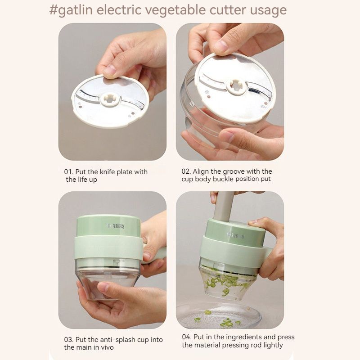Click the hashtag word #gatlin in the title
71,10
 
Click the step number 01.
68,172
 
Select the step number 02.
186,171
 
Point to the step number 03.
68,340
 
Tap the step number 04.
186,337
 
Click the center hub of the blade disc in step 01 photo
110,99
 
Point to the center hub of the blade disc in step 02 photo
236,86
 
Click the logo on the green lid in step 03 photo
115,226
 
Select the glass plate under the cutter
219,315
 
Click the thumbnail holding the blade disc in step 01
110,70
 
